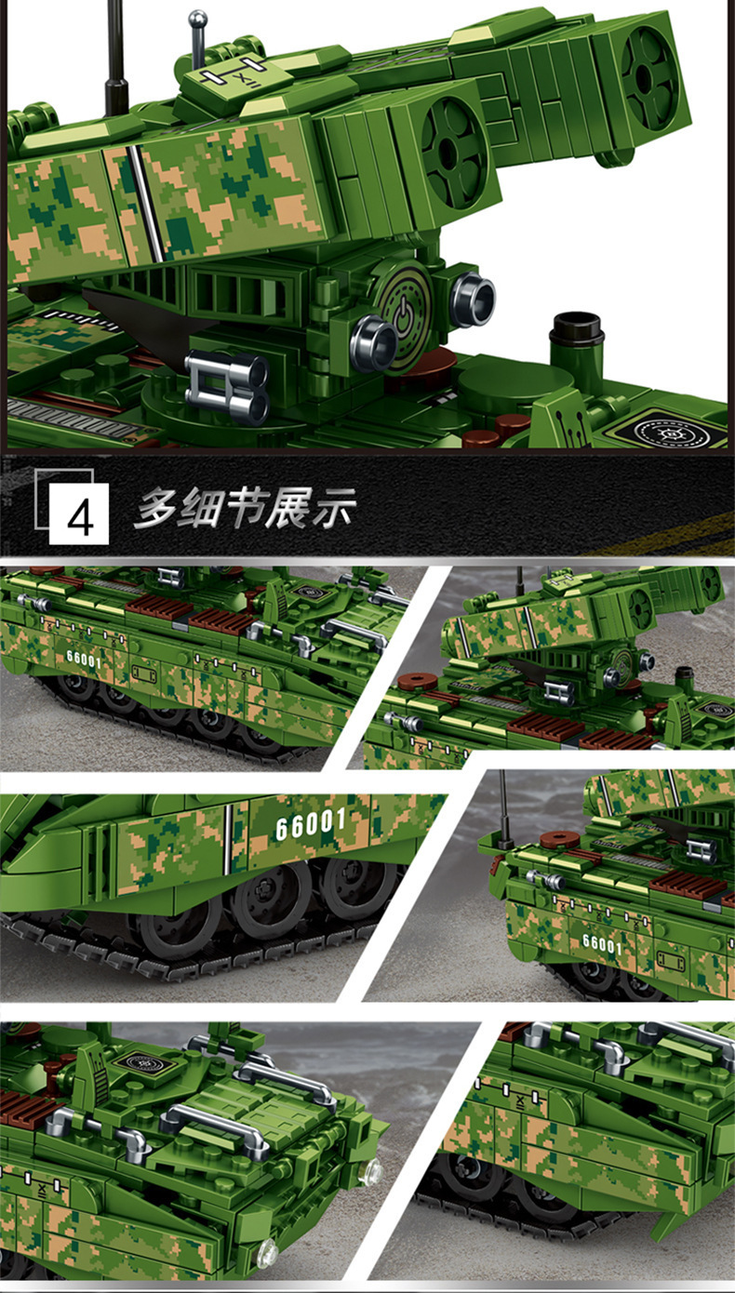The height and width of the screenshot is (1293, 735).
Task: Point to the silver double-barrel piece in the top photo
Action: [x=227, y=383]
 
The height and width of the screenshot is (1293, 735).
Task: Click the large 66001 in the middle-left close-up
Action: [x=310, y=823]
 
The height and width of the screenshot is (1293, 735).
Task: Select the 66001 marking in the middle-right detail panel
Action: [x=601, y=943]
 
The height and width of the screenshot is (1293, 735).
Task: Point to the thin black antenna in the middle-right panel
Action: [x=503, y=809]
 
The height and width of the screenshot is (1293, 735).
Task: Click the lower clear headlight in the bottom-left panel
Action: [x=267, y=1252]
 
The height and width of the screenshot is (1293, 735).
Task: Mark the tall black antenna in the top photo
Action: [x=117, y=56]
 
